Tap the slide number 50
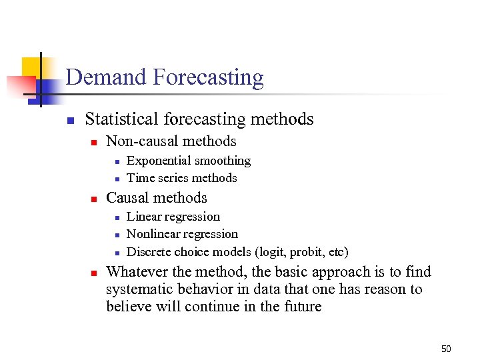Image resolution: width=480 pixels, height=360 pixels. pos(446,349)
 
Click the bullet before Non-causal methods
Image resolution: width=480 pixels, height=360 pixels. pos(94,142)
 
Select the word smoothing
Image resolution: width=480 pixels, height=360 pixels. pos(221,161)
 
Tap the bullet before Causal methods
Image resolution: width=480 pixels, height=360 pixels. pos(94,199)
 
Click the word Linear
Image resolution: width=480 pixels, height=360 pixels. pos(144,217)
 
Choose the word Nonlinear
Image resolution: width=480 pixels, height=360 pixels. pos(154,234)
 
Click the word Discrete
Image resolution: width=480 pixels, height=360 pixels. pos(149,252)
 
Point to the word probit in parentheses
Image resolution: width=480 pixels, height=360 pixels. pos(307,252)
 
